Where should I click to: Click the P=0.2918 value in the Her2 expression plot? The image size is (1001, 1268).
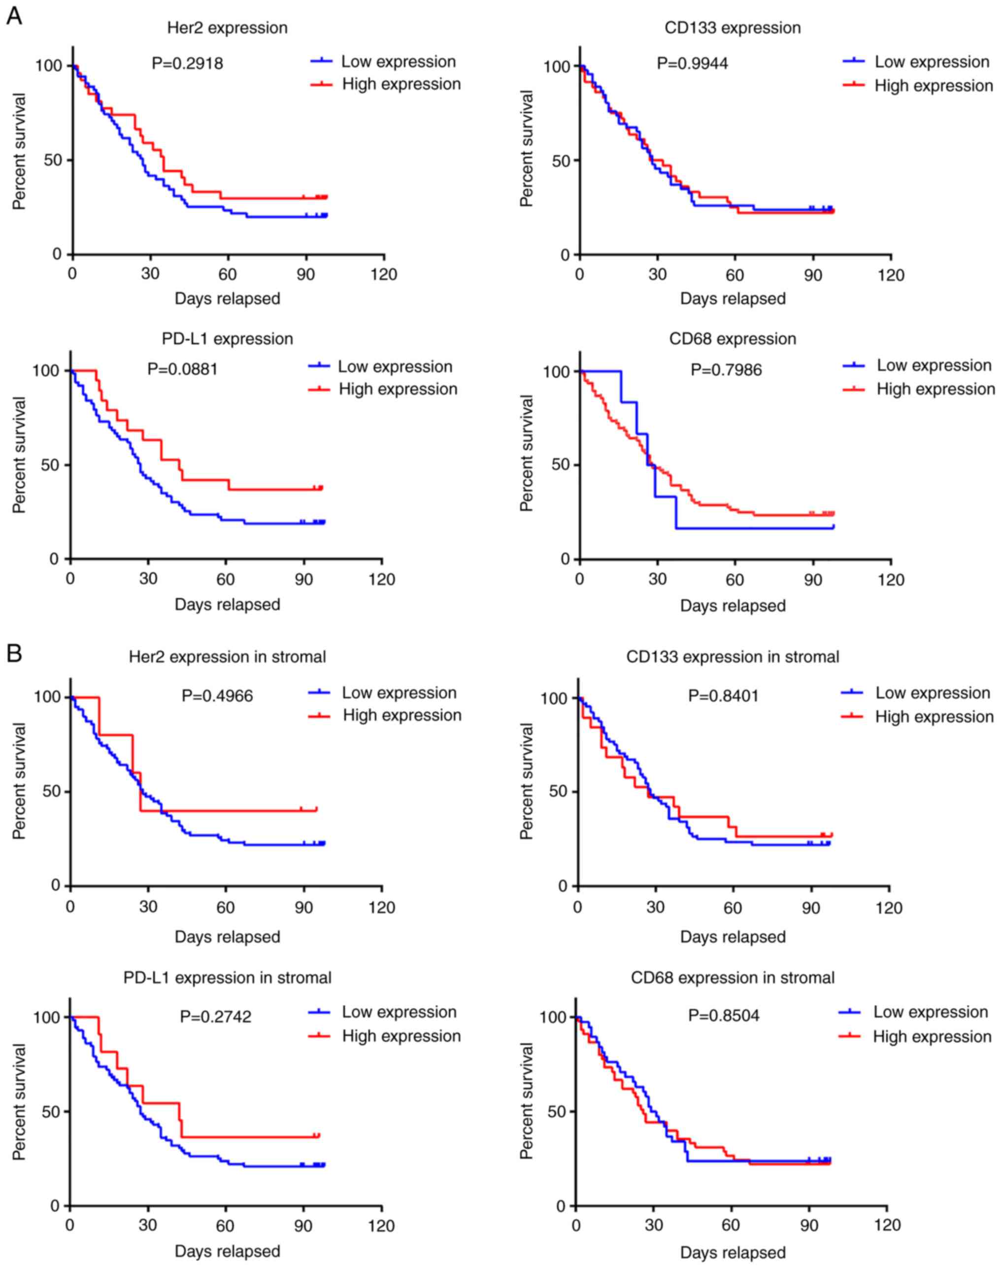[x=188, y=63]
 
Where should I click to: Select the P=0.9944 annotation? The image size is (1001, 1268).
[x=692, y=63]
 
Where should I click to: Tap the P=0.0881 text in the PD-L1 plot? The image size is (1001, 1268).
[x=182, y=369]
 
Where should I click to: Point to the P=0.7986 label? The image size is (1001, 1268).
[x=726, y=370]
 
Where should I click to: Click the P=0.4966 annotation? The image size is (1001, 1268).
[x=217, y=696]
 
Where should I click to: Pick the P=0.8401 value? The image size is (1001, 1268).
[x=723, y=696]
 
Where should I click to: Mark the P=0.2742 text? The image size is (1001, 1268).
[x=216, y=1016]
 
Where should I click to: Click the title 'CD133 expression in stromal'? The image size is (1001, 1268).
[x=733, y=657]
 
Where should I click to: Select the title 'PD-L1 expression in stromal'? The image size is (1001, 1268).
[x=228, y=978]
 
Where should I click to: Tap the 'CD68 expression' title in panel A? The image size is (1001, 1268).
[x=733, y=339]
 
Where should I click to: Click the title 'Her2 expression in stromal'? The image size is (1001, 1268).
[x=228, y=657]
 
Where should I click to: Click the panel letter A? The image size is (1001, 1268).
[x=14, y=16]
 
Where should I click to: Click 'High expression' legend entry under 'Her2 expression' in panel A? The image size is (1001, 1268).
[x=401, y=84]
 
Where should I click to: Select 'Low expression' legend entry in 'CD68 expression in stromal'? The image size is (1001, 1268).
[x=931, y=1012]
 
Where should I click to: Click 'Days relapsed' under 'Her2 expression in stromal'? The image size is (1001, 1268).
[x=228, y=937]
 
